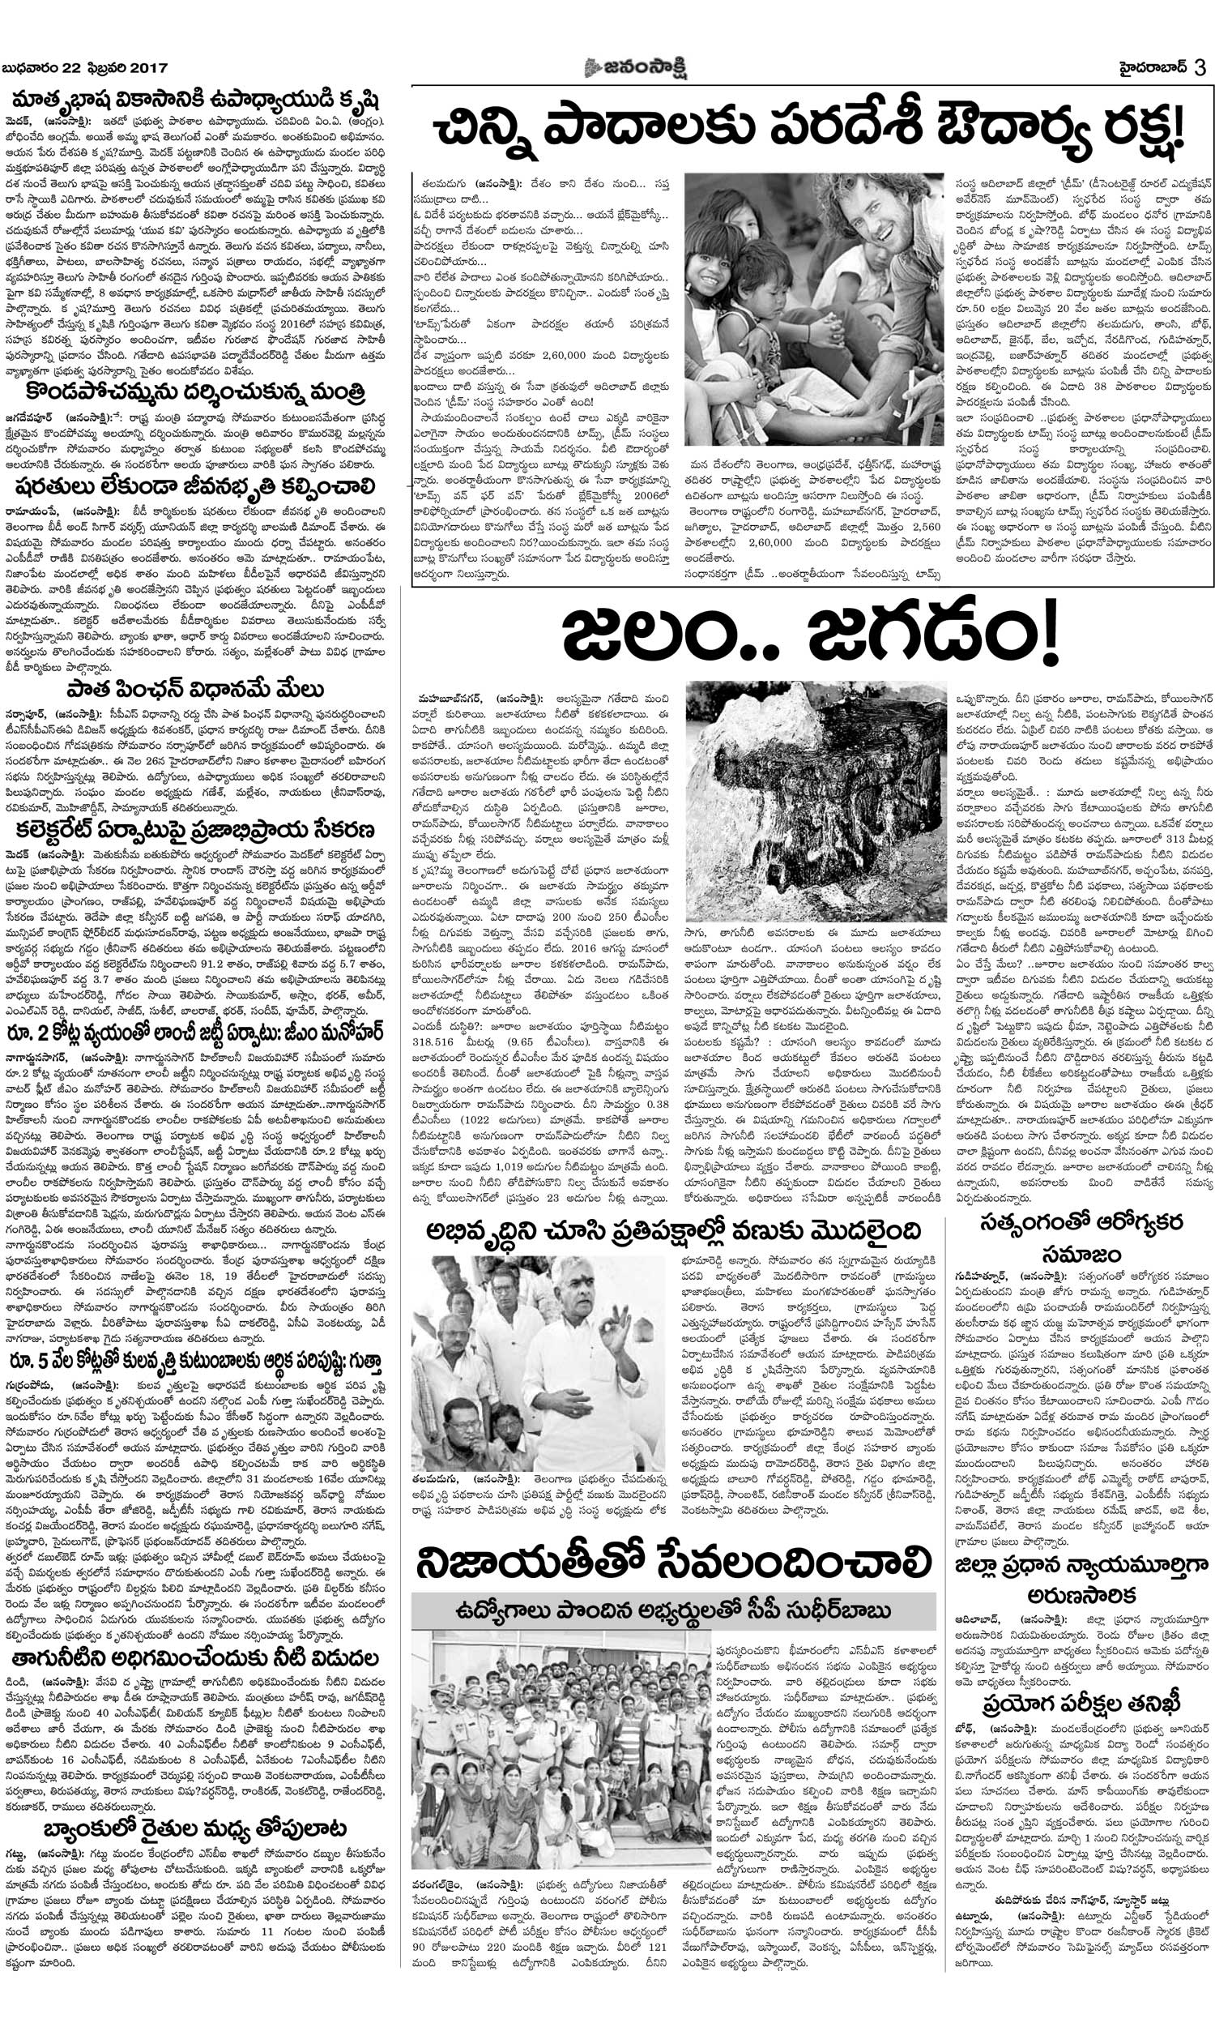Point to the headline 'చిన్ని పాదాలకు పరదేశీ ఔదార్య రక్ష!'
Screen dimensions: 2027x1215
pos(809,127)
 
